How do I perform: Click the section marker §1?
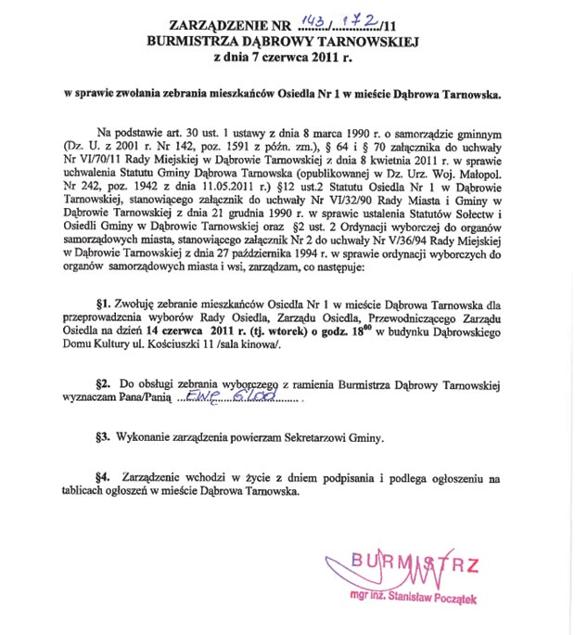point(104,304)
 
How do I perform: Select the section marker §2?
point(104,383)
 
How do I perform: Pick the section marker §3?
point(104,435)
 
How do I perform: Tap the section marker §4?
point(104,478)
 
